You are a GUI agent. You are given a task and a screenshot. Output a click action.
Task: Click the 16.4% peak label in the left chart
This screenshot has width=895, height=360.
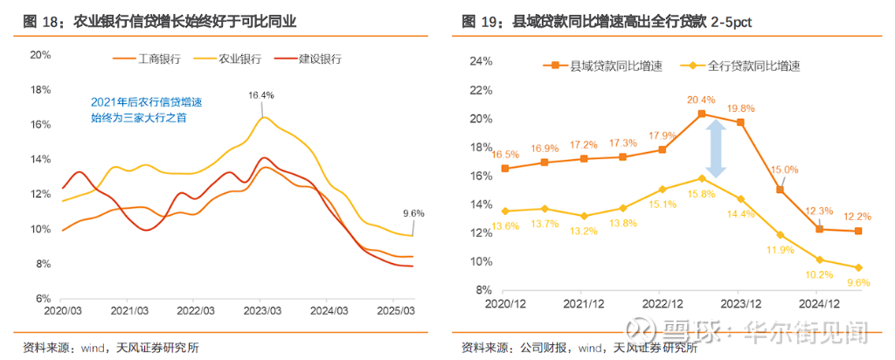tap(260, 95)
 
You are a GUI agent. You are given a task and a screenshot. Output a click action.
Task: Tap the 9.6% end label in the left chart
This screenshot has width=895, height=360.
tap(413, 213)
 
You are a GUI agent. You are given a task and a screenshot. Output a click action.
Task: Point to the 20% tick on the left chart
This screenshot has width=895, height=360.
tap(41, 54)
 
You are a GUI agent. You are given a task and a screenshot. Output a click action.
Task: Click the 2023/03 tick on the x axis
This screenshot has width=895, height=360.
tap(261, 310)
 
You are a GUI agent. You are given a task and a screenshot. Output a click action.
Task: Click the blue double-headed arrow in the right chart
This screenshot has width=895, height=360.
tap(716, 149)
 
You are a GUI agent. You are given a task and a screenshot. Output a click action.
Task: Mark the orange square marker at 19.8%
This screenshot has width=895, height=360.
tap(741, 122)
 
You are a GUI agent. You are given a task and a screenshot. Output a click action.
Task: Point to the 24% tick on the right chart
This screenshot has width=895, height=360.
tap(482, 62)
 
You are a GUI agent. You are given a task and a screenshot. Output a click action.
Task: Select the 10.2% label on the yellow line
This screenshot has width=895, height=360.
tap(819, 273)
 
